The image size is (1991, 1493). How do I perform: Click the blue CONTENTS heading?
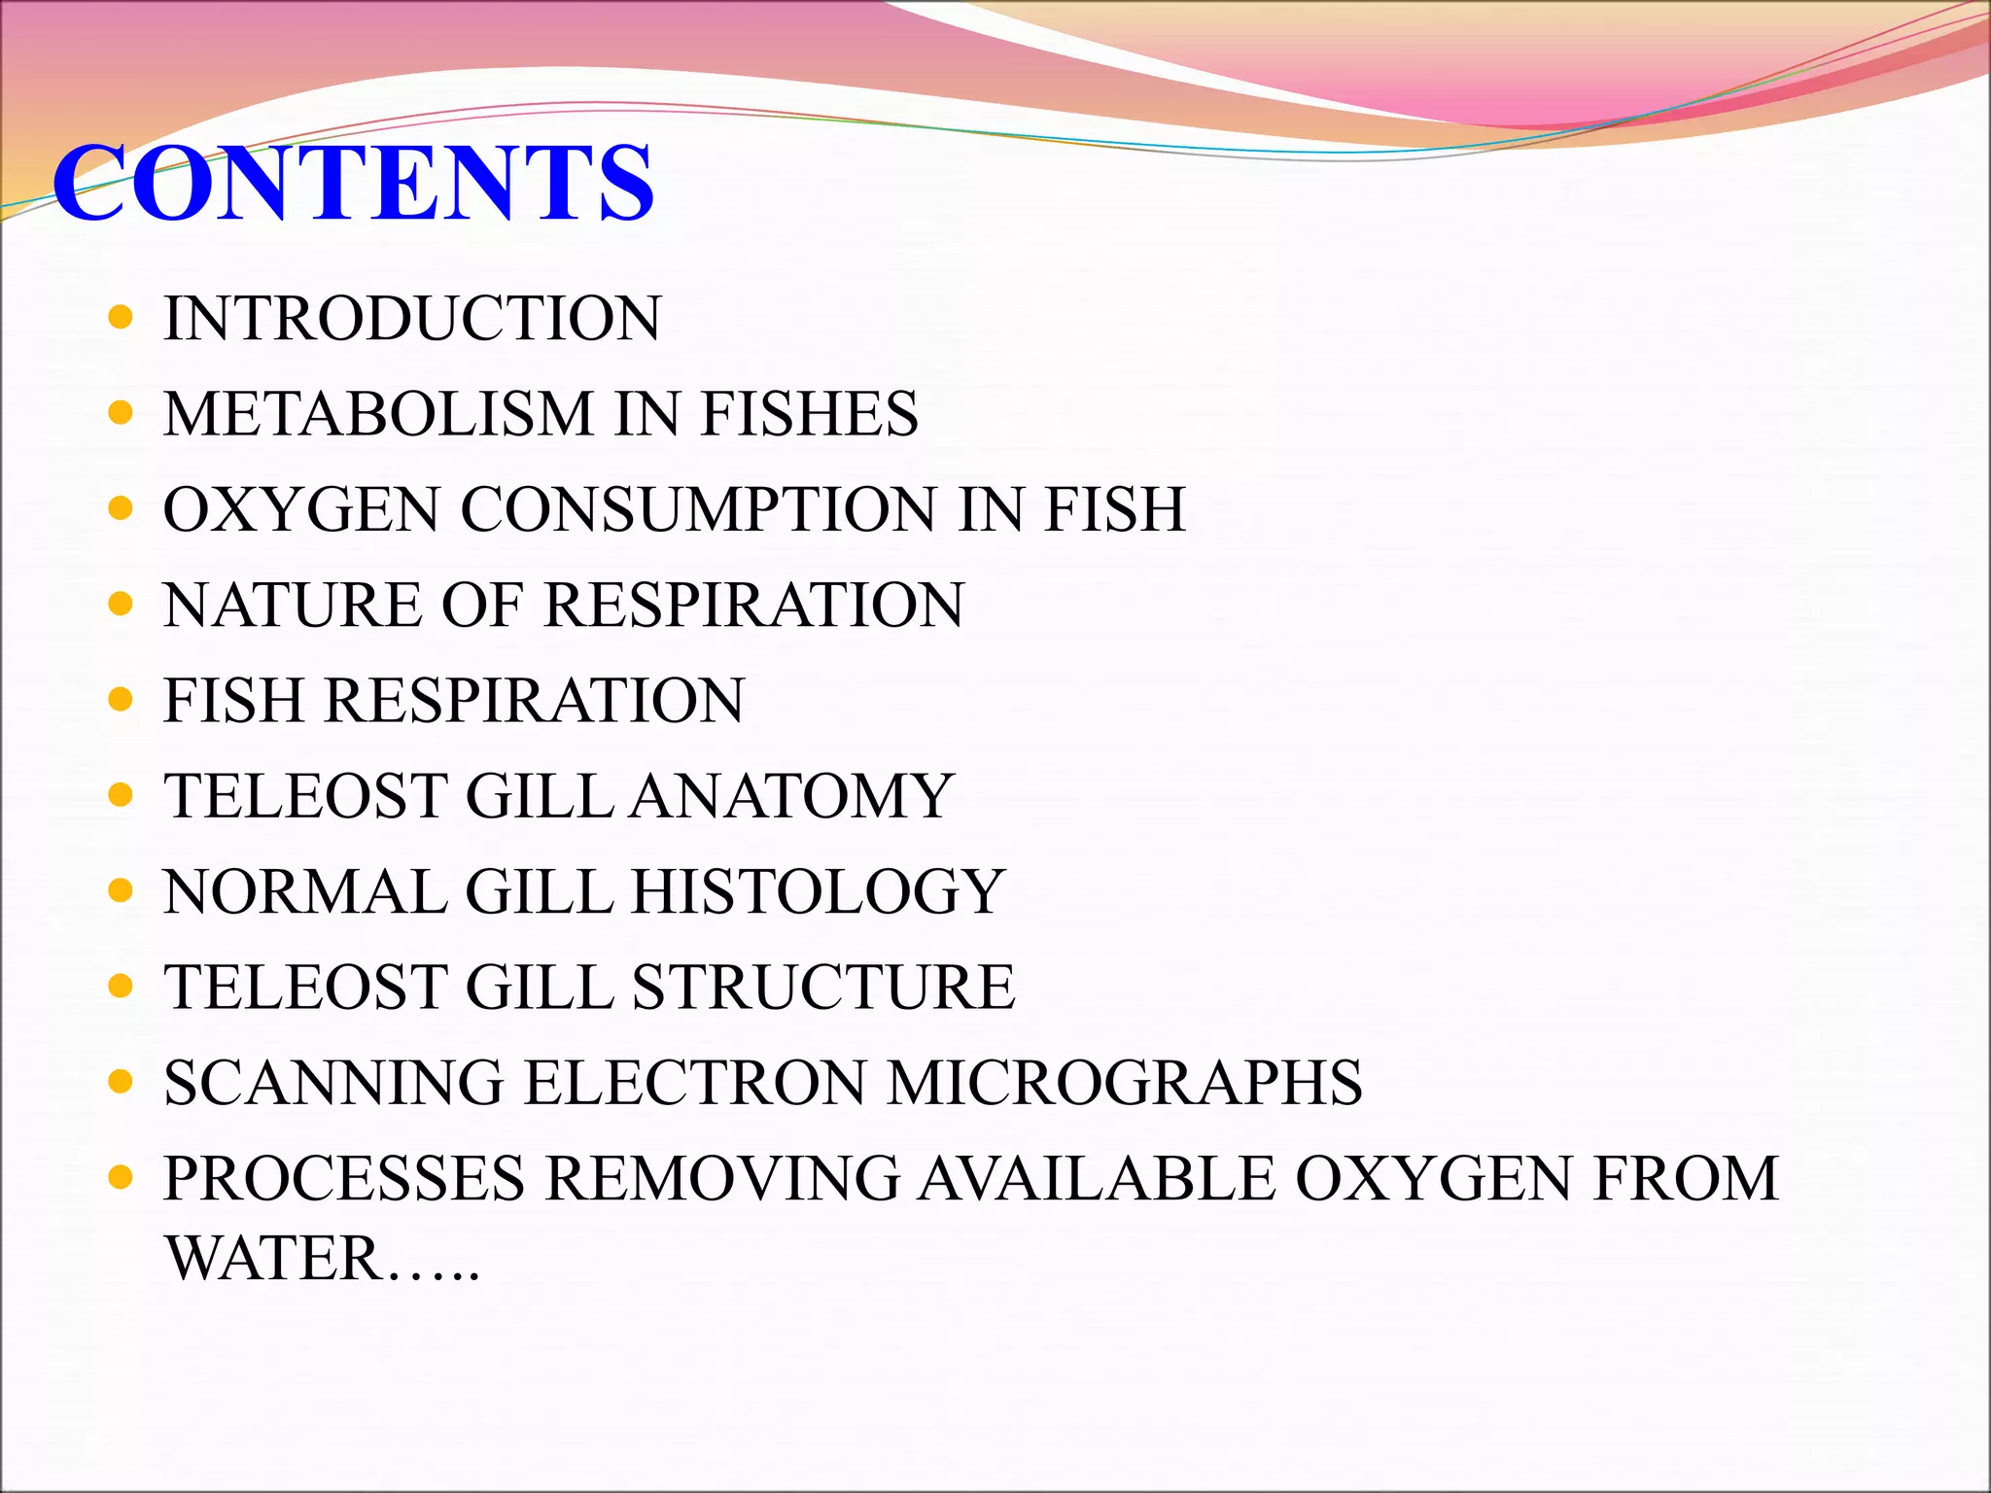[x=353, y=183]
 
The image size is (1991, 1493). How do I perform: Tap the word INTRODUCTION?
[x=412, y=318]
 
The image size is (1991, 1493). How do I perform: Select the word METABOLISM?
[x=378, y=413]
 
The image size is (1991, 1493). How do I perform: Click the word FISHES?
[x=809, y=413]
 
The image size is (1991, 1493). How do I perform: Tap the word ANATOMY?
[x=792, y=796]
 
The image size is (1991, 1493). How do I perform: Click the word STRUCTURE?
[x=823, y=987]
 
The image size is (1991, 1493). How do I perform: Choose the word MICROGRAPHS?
[x=1124, y=1082]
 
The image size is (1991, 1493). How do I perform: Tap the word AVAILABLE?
[x=1097, y=1178]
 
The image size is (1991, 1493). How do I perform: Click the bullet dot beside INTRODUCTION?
[x=121, y=318]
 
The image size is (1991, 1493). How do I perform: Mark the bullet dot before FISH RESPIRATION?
[x=121, y=700]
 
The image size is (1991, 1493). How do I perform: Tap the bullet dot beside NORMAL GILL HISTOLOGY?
[x=121, y=891]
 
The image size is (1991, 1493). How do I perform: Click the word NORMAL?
[x=305, y=891]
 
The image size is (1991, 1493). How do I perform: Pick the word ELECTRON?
[x=694, y=1082]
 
